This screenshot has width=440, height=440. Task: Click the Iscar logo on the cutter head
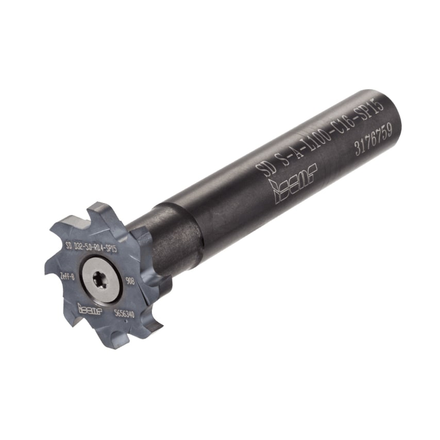click(x=90, y=308)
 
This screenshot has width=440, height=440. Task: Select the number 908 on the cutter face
click(x=130, y=281)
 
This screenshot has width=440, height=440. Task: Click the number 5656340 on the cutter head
click(x=124, y=313)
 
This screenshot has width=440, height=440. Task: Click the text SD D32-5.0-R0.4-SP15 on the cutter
click(x=91, y=246)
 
